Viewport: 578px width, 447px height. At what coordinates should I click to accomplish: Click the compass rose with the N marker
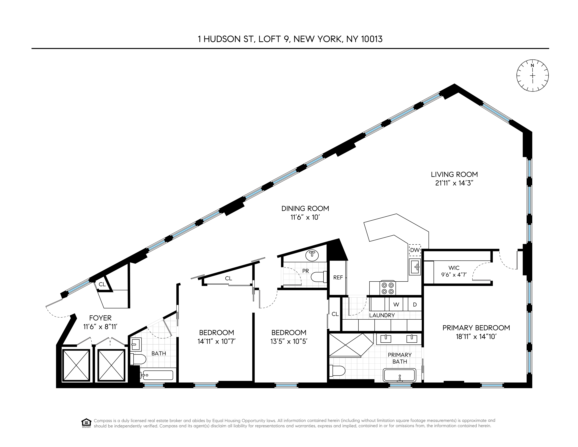(x=533, y=76)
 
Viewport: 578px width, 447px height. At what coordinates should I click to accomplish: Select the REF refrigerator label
(x=338, y=278)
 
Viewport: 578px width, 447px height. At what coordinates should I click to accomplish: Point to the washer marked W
(x=396, y=304)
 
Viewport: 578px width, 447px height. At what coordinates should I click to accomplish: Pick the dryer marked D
(x=415, y=304)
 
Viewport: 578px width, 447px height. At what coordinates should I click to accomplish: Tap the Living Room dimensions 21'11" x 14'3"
(x=454, y=183)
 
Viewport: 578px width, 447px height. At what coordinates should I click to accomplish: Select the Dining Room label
(x=305, y=209)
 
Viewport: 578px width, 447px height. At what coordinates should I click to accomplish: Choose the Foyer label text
(x=100, y=318)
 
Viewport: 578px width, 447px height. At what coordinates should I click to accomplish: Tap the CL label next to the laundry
(x=335, y=314)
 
